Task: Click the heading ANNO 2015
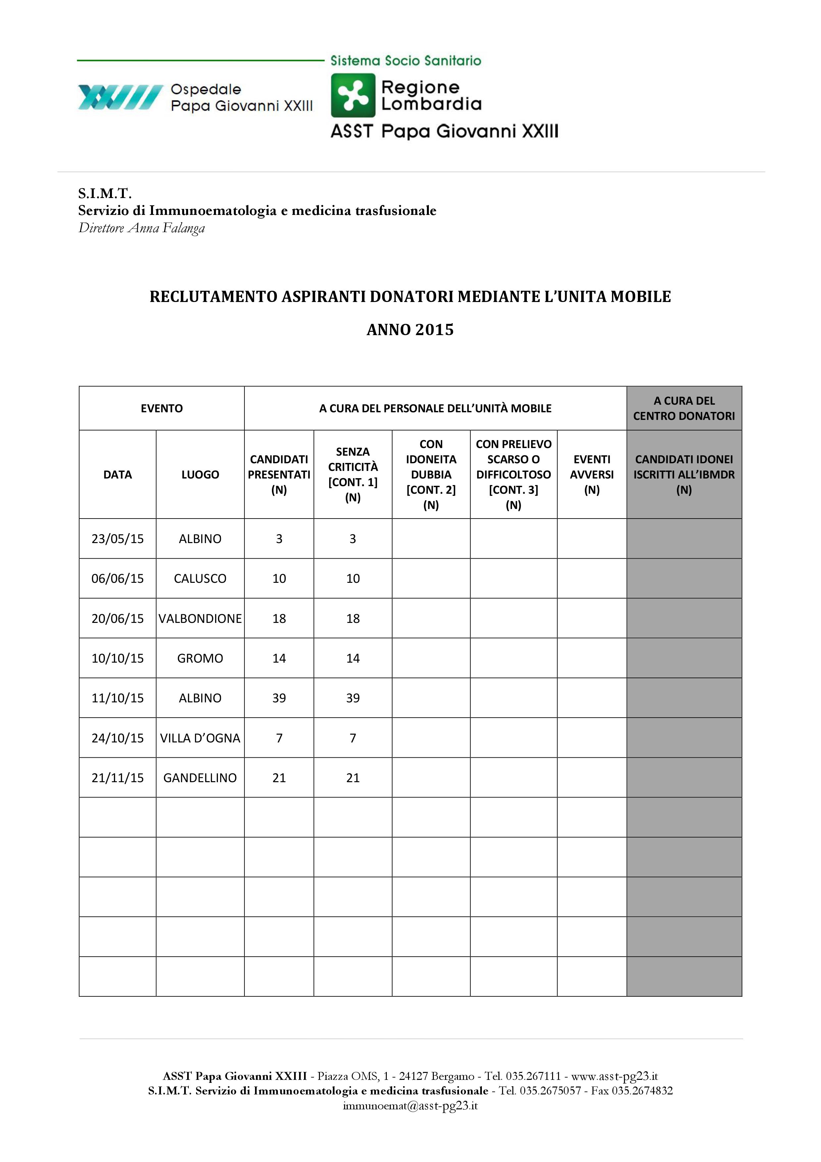[410, 330]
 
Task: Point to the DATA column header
[118, 475]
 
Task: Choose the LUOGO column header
[200, 475]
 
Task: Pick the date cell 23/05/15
[118, 539]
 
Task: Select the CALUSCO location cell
[200, 579]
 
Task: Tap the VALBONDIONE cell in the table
[200, 619]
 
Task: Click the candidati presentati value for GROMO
[279, 658]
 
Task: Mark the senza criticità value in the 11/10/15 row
[353, 698]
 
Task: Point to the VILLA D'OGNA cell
[200, 738]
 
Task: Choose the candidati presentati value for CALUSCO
[279, 579]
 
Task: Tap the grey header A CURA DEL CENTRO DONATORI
[684, 408]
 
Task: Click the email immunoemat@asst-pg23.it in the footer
[410, 1106]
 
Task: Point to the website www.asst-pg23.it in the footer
[614, 1077]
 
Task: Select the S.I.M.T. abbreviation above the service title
[105, 193]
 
